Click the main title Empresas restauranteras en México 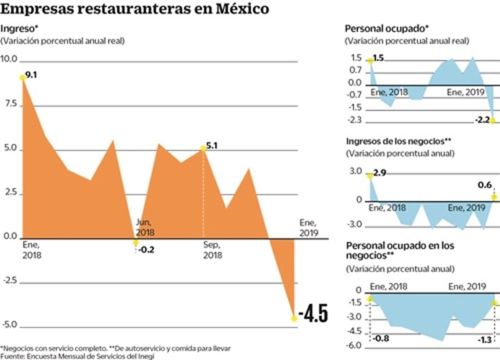point(135,9)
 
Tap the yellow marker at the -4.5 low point point(294,317)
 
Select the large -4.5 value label point(314,314)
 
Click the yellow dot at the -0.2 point point(136,243)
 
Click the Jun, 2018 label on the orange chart point(145,227)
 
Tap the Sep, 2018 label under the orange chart point(213,250)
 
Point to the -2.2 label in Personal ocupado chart point(483,120)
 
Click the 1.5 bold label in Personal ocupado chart point(379,58)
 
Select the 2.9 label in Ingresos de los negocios point(380,174)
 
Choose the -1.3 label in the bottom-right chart point(484,339)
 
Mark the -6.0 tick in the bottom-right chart point(354,345)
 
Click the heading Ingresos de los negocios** point(398,141)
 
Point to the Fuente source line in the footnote point(77,356)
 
